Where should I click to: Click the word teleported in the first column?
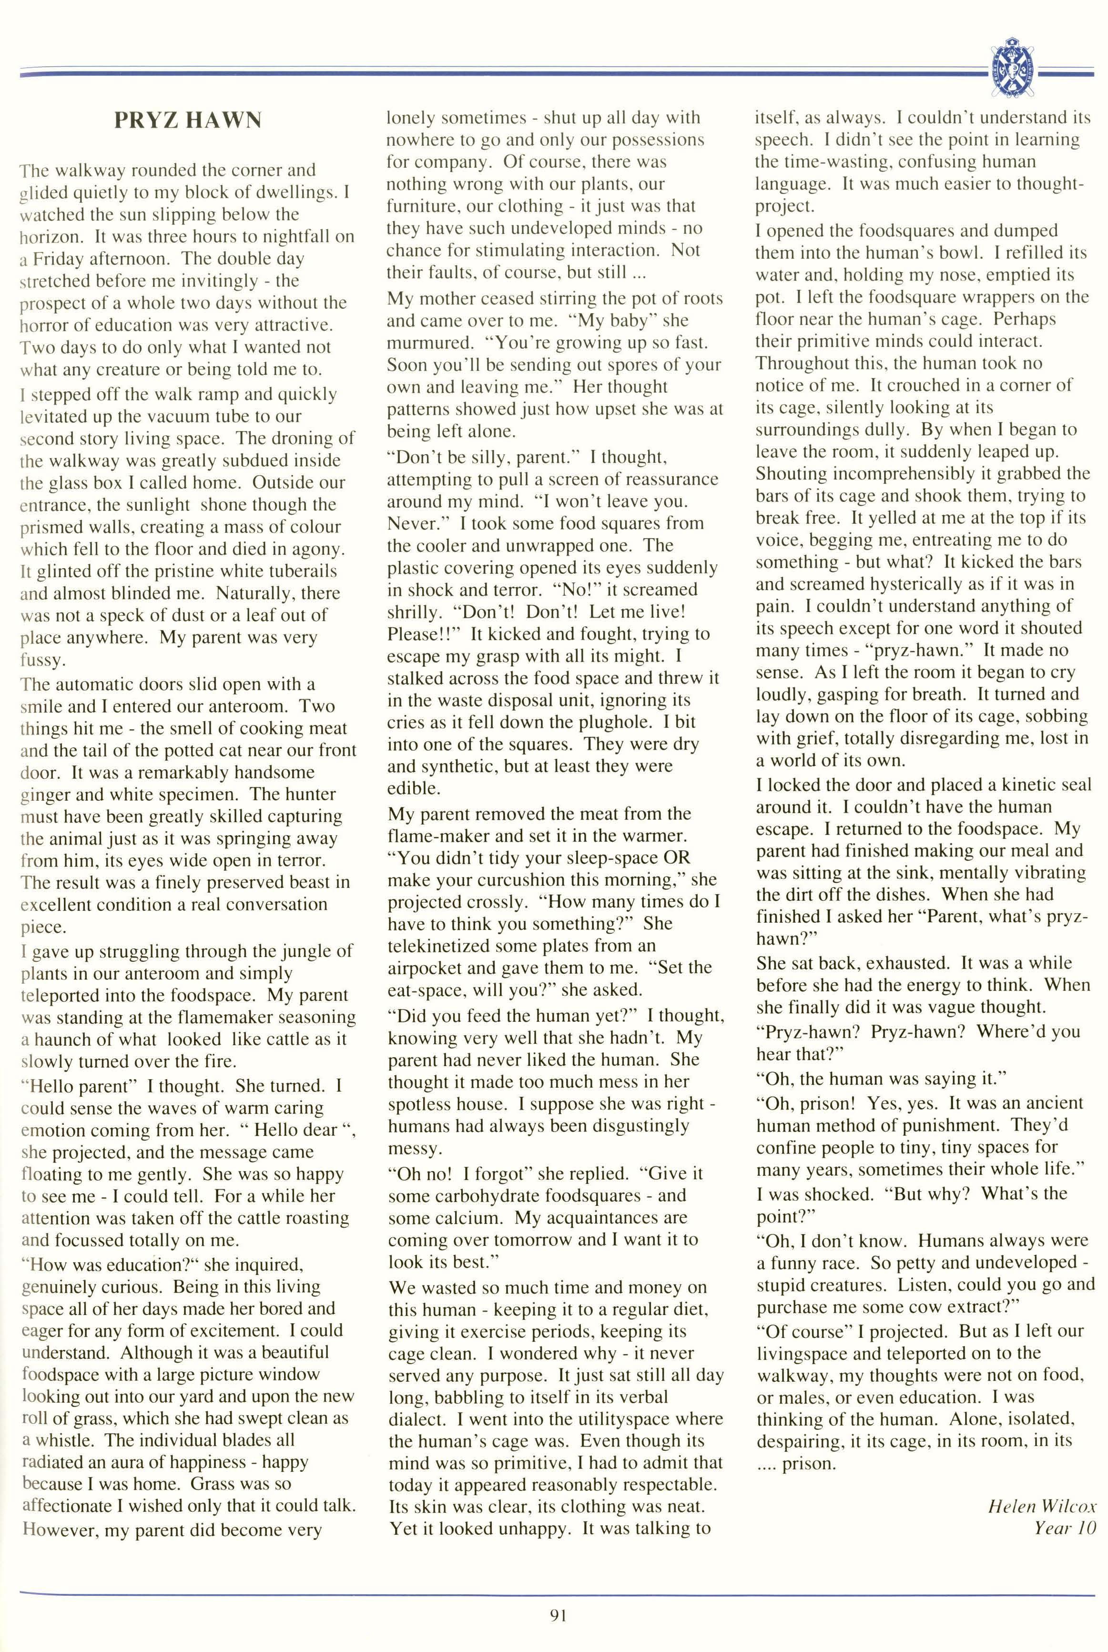[x=60, y=996]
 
